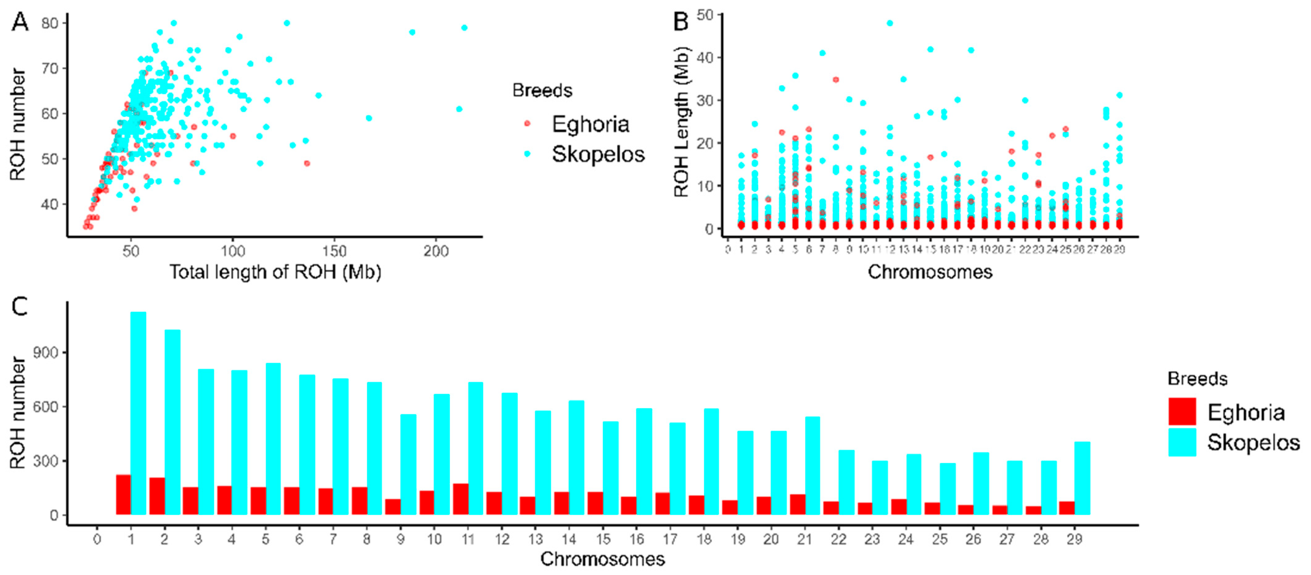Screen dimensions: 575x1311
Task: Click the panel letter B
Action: tap(681, 21)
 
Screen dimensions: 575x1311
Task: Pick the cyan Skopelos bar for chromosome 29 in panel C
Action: tap(1082, 478)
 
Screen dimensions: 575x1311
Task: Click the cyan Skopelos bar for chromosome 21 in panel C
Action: tap(812, 466)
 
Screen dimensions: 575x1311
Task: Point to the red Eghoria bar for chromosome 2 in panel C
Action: tap(157, 496)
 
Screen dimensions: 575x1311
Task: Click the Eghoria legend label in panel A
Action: tap(590, 124)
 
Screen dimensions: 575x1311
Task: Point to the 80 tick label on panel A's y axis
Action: tap(50, 23)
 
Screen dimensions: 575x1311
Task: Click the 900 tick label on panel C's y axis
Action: tap(46, 353)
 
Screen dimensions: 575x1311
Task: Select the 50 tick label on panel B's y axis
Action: tap(705, 15)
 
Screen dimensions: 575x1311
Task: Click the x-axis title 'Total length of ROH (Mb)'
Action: tap(275, 272)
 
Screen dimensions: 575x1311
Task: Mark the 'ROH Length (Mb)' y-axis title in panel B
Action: tap(681, 122)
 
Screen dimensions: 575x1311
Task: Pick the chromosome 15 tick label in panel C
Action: tap(603, 539)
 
